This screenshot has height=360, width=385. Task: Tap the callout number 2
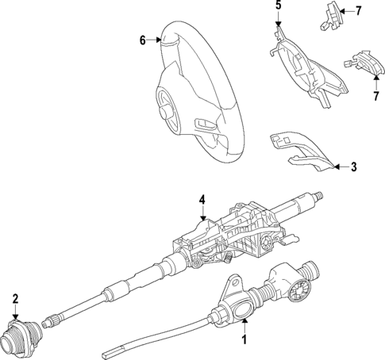[15, 298]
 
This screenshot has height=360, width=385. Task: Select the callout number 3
[353, 167]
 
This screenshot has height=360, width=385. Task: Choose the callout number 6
[142, 40]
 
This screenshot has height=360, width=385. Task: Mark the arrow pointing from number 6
[156, 40]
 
